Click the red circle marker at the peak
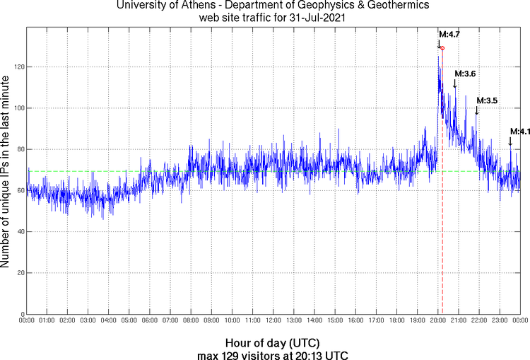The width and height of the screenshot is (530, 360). [442, 48]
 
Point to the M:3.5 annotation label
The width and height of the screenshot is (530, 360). [487, 100]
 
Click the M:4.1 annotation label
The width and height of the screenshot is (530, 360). [520, 131]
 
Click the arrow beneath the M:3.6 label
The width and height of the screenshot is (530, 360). [455, 84]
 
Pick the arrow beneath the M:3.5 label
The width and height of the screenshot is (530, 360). [477, 110]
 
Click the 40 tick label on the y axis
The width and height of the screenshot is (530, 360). [17, 231]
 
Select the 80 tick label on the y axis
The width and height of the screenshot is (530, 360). [17, 149]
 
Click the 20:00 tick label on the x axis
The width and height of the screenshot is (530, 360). [438, 322]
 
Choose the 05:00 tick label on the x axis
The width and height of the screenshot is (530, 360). [129, 322]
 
